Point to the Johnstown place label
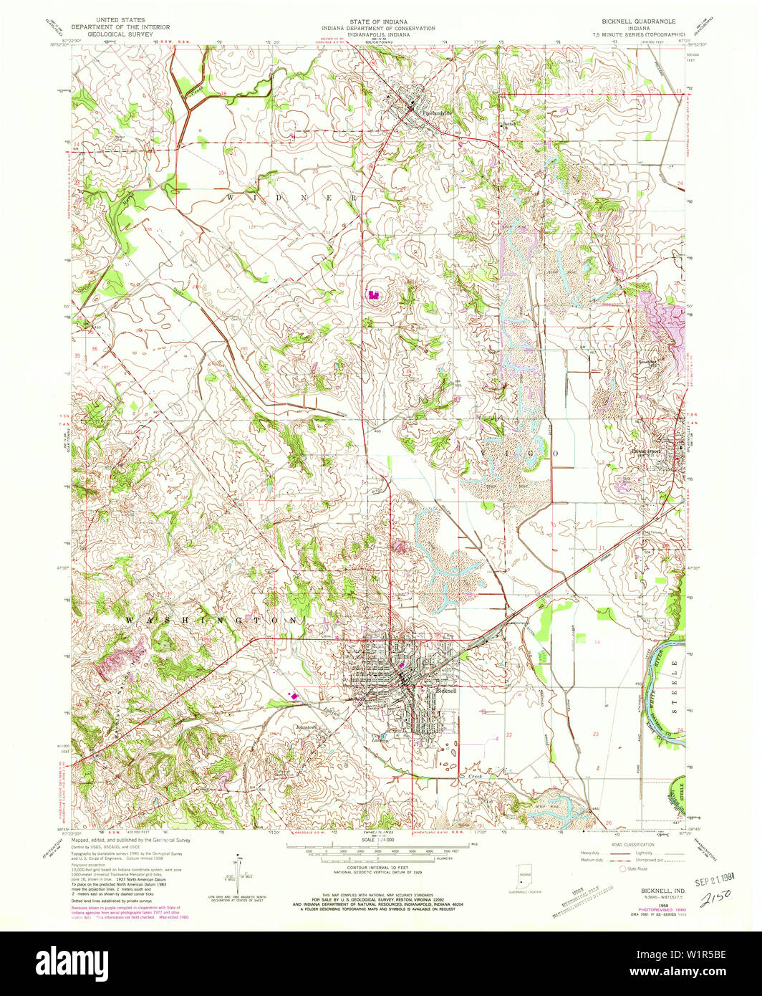click(x=310, y=727)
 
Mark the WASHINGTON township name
click(x=209, y=619)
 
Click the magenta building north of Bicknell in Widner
click(x=372, y=294)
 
